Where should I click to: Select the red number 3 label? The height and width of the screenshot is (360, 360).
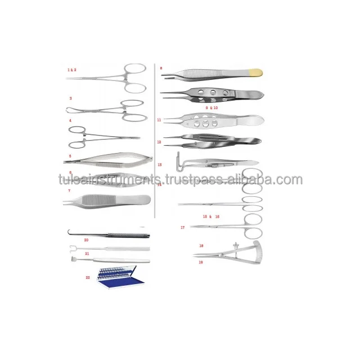pyautogui.click(x=70, y=98)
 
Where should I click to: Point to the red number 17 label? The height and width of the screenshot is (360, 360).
pyautogui.click(x=183, y=227)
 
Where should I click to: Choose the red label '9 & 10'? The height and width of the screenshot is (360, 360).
pyautogui.click(x=211, y=107)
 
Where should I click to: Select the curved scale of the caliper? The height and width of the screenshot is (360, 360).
pyautogui.click(x=246, y=253)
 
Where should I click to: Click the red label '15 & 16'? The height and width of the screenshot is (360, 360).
pyautogui.click(x=211, y=217)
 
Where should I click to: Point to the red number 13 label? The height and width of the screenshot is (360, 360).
pyautogui.click(x=160, y=165)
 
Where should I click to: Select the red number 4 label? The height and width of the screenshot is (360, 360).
pyautogui.click(x=70, y=120)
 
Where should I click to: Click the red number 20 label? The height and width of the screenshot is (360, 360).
pyautogui.click(x=86, y=240)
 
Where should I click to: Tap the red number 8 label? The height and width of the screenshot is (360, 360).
pyautogui.click(x=161, y=68)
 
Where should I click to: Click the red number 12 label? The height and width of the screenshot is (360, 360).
pyautogui.click(x=160, y=142)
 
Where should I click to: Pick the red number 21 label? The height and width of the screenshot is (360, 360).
pyautogui.click(x=87, y=254)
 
